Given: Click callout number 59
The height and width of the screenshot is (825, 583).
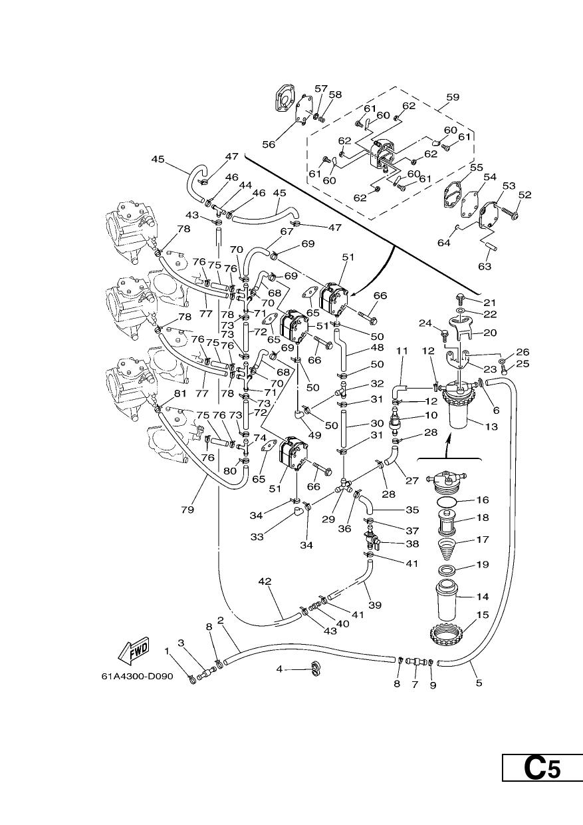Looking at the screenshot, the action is (x=453, y=97).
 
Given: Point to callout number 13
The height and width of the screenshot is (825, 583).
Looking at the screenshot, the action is (x=491, y=426).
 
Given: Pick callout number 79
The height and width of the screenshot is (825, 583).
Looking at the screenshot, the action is (x=187, y=510).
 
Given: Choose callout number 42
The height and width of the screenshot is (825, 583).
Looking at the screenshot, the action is (x=265, y=581).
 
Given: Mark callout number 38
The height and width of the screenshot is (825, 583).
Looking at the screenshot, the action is (x=412, y=544).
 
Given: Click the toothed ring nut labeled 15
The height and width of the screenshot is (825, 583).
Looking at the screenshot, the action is (x=447, y=634).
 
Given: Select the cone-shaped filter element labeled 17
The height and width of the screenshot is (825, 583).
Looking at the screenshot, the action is (x=447, y=548).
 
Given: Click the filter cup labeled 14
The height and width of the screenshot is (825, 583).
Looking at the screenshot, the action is (x=447, y=599).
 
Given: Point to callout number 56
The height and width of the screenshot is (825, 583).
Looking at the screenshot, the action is (x=269, y=144).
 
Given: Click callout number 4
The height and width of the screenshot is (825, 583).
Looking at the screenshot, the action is (x=279, y=669).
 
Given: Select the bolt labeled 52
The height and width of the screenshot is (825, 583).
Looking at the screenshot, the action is (x=509, y=212).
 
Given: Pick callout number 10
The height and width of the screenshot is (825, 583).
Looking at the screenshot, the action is (x=431, y=415).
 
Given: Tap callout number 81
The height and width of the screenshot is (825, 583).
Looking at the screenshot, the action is (x=180, y=393).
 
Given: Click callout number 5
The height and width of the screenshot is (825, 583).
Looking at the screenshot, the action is (x=479, y=683).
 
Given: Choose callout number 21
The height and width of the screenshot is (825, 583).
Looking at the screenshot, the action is (x=489, y=302).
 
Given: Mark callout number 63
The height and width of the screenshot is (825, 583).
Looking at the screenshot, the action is (x=485, y=266).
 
